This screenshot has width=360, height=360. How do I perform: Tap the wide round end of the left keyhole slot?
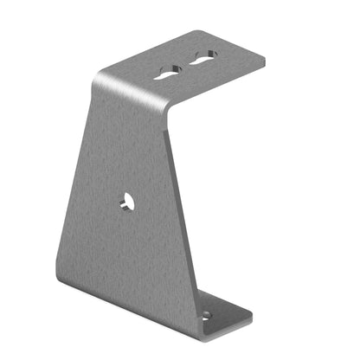[x=177, y=68]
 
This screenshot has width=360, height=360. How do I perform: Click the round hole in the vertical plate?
[x=127, y=203]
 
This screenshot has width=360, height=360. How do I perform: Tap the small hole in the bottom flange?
[x=205, y=315]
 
